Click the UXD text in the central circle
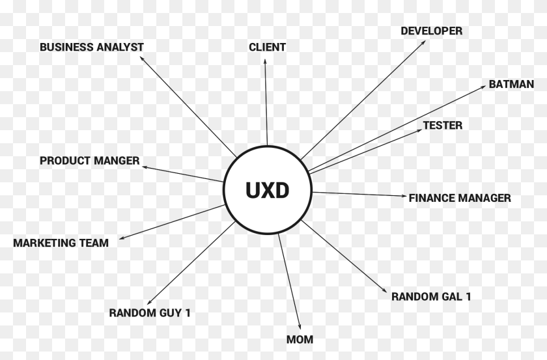pyautogui.click(x=268, y=190)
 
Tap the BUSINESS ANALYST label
pyautogui.click(x=92, y=47)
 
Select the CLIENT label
pyautogui.click(x=267, y=47)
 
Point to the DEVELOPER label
pyautogui.click(x=431, y=31)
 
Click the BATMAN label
pyautogui.click(x=511, y=85)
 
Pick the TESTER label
pyautogui.click(x=443, y=126)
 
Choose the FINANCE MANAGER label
pyautogui.click(x=460, y=198)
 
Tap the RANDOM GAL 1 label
pyautogui.click(x=431, y=297)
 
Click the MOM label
pyautogui.click(x=300, y=339)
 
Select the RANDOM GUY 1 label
pyautogui.click(x=150, y=312)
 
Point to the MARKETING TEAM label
pyautogui.click(x=61, y=243)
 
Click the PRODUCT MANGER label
pyautogui.click(x=90, y=160)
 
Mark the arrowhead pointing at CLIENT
pyautogui.click(x=265, y=61)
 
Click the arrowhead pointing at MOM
pyautogui.click(x=299, y=327)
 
